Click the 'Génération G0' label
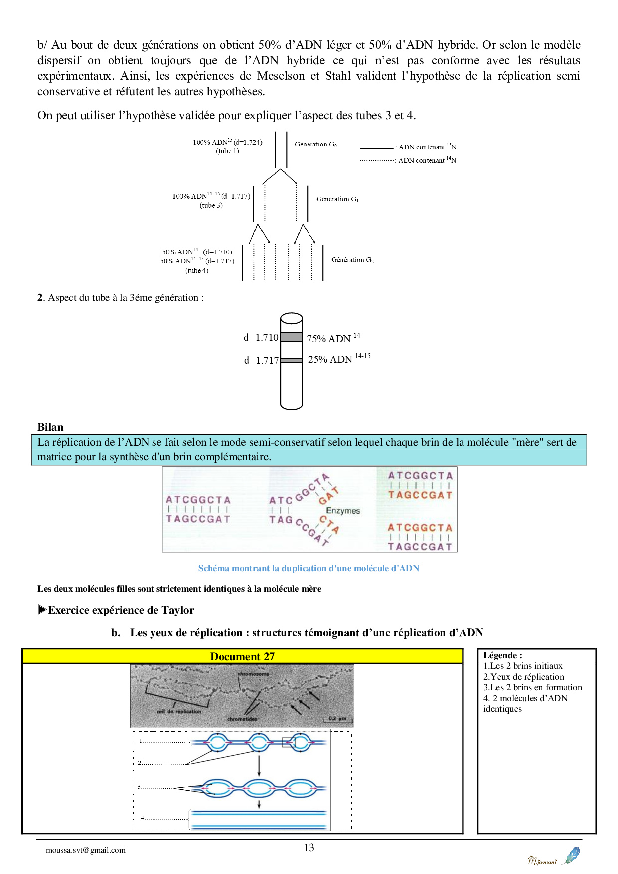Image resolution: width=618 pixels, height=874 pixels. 315,144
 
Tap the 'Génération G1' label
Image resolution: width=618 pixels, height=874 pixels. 337,199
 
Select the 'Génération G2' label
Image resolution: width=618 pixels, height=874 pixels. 352,260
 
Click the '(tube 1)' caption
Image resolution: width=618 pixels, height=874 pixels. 227,151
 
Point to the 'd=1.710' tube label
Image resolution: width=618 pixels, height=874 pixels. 261,337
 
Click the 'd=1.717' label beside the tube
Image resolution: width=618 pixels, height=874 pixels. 261,360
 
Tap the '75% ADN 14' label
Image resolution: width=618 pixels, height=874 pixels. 333,338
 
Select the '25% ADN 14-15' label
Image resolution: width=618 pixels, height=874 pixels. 339,359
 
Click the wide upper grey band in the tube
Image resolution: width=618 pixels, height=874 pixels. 292,337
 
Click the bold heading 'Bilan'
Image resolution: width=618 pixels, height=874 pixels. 50,427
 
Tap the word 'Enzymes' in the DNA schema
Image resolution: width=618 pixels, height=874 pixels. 343,511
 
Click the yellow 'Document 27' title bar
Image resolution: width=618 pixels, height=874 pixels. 242,656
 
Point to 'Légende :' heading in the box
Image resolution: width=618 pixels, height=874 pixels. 502,655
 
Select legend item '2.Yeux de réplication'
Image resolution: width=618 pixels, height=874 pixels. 523,677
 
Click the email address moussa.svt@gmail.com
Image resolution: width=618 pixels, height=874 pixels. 86,850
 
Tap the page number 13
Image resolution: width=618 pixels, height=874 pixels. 309,847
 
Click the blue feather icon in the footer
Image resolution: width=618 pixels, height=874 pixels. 571,855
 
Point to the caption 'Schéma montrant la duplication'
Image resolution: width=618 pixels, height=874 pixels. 309,568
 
